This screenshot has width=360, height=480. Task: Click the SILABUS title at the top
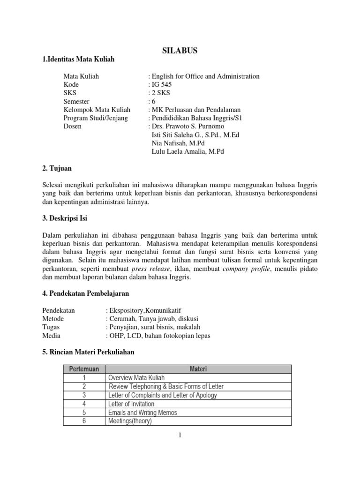[x=180, y=51]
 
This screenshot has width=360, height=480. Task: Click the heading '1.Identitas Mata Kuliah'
[x=78, y=59]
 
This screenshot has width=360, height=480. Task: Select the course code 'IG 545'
[x=161, y=84]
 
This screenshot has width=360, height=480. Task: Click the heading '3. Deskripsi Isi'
[x=65, y=218]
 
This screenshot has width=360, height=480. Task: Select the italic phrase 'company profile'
[x=247, y=269]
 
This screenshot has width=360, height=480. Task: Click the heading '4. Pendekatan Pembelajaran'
[x=85, y=293]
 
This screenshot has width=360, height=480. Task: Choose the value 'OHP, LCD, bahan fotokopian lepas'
[x=158, y=336]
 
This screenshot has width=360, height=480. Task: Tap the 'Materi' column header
[x=198, y=369]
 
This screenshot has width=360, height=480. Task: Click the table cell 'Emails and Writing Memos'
[x=142, y=412]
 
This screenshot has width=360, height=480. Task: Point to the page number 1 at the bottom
[x=180, y=435]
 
